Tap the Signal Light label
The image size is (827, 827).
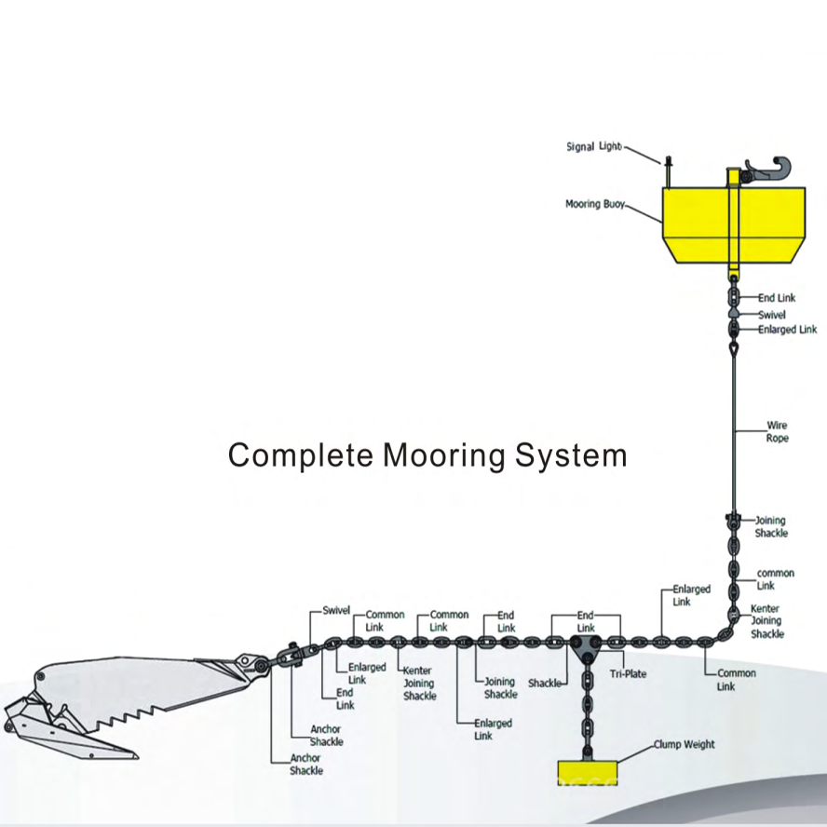coord(593,146)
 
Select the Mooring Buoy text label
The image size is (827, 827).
coord(594,203)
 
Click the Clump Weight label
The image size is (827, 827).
coord(684,744)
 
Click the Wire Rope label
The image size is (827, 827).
coord(777,431)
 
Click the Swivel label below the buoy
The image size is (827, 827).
coord(771,315)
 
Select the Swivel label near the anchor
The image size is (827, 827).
coord(336,611)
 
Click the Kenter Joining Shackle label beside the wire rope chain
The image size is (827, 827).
coord(767,621)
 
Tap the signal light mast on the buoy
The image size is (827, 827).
coord(668,173)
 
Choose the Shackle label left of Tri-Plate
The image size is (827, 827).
coord(545,684)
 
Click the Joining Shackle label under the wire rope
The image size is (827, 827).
coord(771,527)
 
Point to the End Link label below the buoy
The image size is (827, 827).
coord(777,298)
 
